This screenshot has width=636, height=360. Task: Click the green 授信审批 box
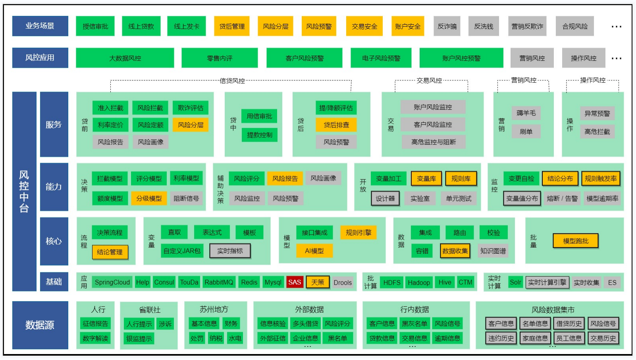click(x=95, y=26)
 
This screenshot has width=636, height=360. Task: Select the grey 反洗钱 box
click(x=483, y=26)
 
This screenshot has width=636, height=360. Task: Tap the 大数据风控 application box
click(x=125, y=58)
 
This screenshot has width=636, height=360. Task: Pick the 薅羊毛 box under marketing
click(x=526, y=113)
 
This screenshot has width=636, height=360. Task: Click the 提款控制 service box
click(x=259, y=135)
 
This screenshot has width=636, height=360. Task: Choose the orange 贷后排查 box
click(x=336, y=125)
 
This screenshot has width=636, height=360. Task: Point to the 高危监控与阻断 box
click(x=433, y=142)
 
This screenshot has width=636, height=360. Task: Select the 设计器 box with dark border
click(x=385, y=198)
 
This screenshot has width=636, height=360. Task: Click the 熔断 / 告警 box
click(x=562, y=198)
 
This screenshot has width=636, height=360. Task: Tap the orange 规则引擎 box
click(x=358, y=233)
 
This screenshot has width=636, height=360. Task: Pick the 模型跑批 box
click(x=576, y=241)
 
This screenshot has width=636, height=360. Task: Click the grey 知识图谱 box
click(x=493, y=251)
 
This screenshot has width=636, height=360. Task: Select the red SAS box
click(x=295, y=282)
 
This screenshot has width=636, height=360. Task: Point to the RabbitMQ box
click(x=219, y=282)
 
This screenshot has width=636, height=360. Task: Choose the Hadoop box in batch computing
click(x=418, y=283)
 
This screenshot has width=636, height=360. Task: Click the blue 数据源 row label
click(x=40, y=325)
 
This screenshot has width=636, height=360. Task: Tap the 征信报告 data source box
click(x=95, y=323)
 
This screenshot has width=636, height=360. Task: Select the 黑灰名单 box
click(x=414, y=323)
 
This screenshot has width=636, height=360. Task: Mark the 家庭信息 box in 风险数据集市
click(x=535, y=339)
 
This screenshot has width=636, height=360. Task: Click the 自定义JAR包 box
click(x=182, y=251)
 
